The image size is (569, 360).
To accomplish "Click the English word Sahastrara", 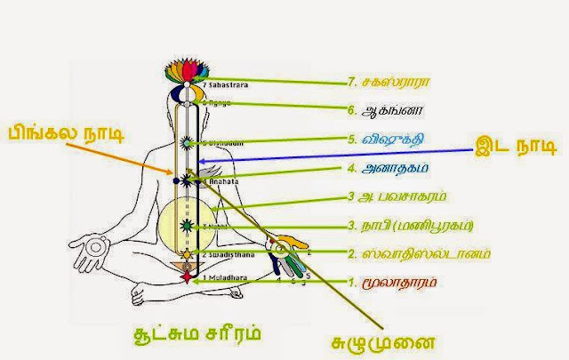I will point(220,84).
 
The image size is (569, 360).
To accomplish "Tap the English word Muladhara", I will point(222,278).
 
